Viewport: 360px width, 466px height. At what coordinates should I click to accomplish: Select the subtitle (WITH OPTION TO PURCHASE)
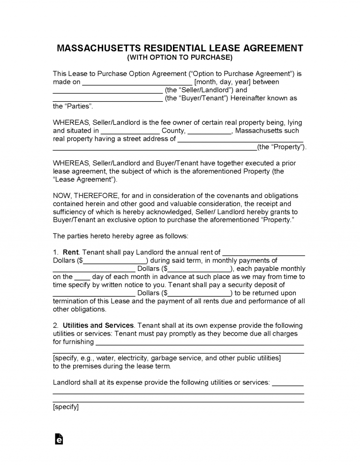point(180,58)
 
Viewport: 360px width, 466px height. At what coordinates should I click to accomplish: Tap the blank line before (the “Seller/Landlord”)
point(107,91)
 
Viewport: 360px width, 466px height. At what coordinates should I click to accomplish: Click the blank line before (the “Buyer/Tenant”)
point(107,99)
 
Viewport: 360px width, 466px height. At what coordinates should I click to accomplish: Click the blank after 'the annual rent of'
point(263,254)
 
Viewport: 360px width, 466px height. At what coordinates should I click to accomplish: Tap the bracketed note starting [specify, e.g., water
point(167,358)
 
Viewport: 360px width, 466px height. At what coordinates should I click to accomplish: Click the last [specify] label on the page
point(66,407)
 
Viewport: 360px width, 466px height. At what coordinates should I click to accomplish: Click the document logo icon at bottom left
point(59,439)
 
